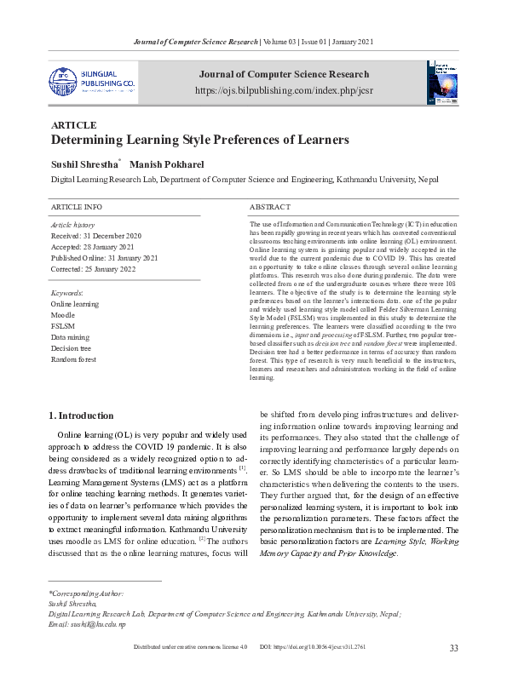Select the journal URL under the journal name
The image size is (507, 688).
click(x=283, y=89)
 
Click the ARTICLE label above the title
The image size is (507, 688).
click(x=74, y=124)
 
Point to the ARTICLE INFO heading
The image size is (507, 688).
click(x=77, y=208)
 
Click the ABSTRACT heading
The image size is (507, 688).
click(x=270, y=208)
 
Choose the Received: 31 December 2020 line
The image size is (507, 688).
click(x=96, y=235)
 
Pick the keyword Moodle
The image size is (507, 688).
click(x=64, y=315)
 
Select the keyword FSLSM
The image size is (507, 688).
click(x=63, y=326)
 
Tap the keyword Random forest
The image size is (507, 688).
click(x=74, y=360)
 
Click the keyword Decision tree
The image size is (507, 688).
click(x=72, y=349)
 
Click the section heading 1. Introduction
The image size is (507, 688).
click(x=81, y=416)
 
